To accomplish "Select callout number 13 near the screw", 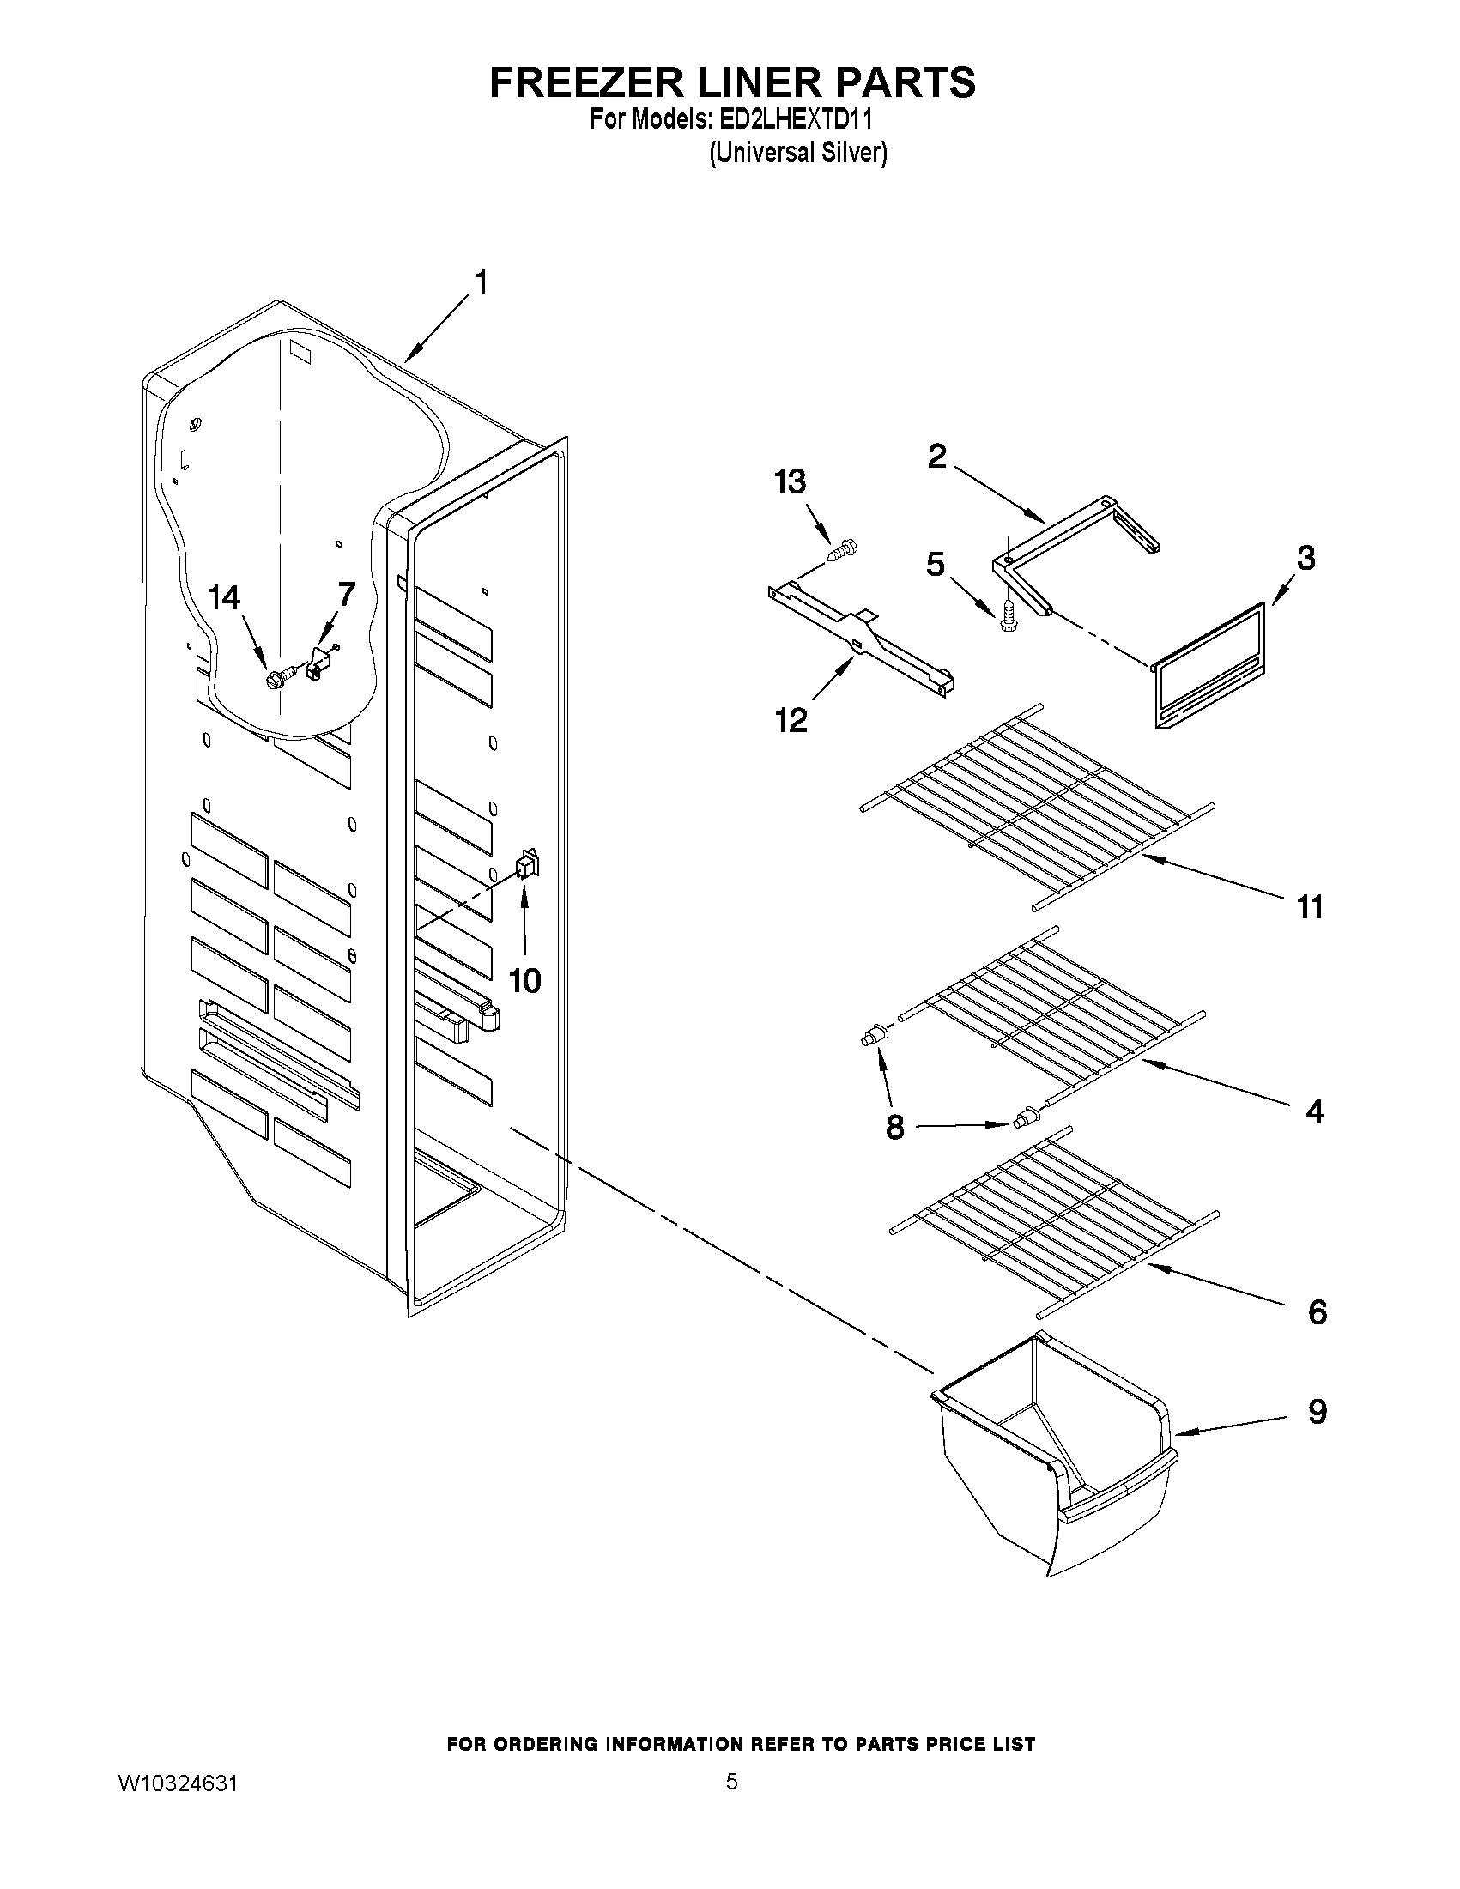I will tap(790, 481).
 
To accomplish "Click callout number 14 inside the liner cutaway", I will tap(225, 597).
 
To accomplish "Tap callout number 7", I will tap(346, 594).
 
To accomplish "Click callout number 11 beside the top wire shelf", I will tap(1310, 907).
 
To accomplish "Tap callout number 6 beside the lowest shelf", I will tap(1317, 1312).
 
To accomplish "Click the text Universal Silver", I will tap(798, 153).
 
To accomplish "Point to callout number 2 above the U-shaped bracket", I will tap(936, 456).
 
